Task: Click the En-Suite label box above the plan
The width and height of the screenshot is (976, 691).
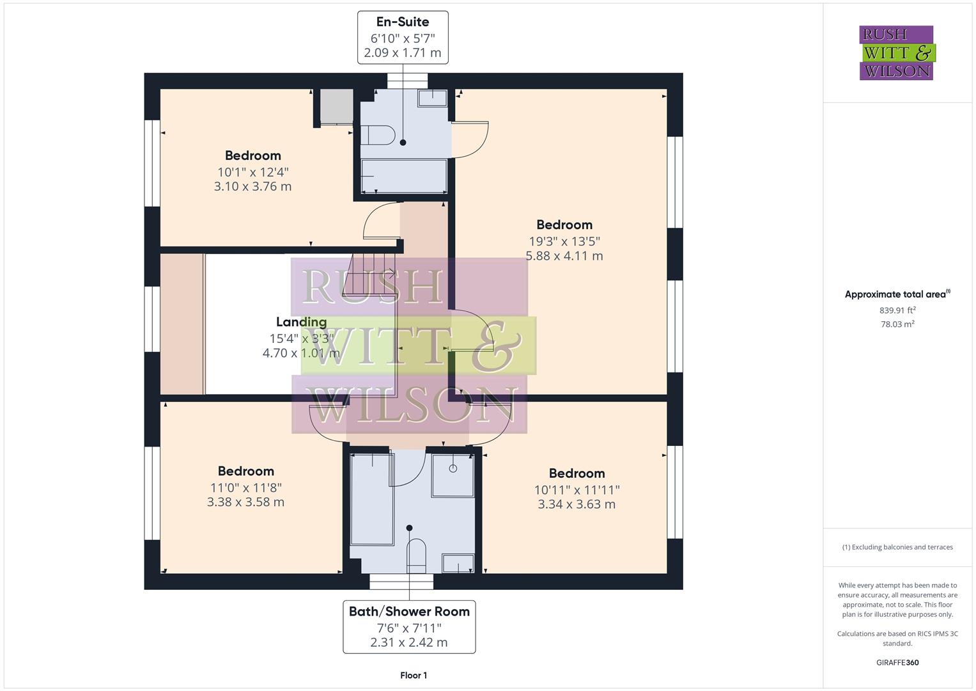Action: coord(403,37)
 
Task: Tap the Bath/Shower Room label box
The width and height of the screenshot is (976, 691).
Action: coord(409,626)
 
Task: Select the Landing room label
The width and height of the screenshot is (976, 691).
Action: coord(301,322)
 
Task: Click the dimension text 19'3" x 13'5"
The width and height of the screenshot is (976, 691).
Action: coord(564,241)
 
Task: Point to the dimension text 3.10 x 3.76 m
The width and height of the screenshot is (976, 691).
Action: coord(252,186)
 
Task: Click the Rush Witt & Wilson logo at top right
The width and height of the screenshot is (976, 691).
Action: coord(896,53)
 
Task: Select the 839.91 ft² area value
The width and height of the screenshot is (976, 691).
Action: coord(897,310)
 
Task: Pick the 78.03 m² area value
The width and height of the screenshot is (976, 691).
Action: coord(897,324)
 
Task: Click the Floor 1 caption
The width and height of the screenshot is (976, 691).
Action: coord(414,675)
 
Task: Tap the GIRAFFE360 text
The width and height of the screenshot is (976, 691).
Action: coord(897,662)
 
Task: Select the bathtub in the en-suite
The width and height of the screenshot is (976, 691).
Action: coord(403,175)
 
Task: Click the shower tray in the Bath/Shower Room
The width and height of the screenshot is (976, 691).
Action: coord(453,475)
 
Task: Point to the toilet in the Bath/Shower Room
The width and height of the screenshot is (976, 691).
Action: coord(416,554)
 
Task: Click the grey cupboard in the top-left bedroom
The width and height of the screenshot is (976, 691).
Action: coord(336,106)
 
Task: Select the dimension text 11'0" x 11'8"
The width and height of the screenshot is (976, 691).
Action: coord(246,488)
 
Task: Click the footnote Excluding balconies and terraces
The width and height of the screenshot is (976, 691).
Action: coord(897,547)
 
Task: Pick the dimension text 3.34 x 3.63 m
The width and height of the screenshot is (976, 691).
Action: coord(577,504)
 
